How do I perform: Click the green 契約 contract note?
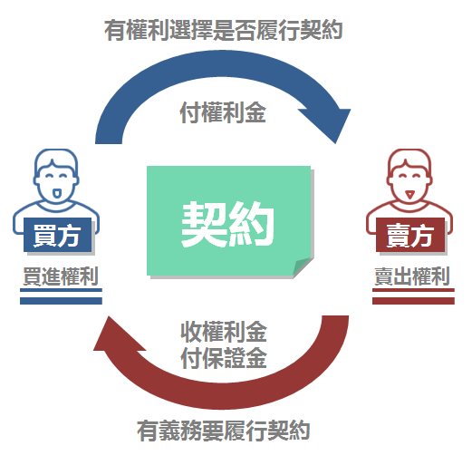click(229, 221)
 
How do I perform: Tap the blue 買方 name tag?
click(57, 235)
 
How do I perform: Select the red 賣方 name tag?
click(410, 235)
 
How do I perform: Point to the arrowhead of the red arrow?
click(116, 335)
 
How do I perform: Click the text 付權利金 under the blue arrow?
click(223, 112)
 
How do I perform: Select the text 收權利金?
click(224, 332)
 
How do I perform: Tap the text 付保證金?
click(224, 358)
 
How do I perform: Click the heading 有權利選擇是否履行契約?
click(223, 30)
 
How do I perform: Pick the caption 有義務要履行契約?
click(223, 431)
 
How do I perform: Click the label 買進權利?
click(61, 276)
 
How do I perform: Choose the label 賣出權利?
click(412, 276)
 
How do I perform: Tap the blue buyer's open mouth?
click(56, 193)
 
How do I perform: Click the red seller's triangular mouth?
click(409, 194)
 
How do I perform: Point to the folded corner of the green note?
click(302, 266)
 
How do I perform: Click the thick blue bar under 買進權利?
click(61, 301)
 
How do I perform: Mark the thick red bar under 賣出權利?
click(413, 301)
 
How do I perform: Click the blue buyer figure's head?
click(56, 176)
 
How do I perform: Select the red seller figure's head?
click(409, 176)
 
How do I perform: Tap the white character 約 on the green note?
click(251, 224)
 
